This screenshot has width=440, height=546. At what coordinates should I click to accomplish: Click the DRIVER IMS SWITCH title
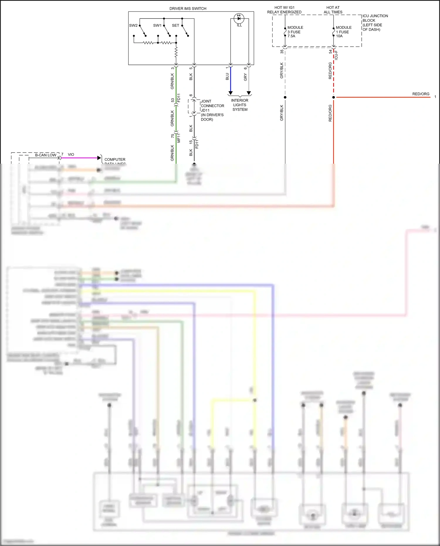coord(188,9)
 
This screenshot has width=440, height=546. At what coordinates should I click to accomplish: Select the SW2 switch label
coord(133,26)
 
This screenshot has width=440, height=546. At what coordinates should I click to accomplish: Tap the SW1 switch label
coord(157,26)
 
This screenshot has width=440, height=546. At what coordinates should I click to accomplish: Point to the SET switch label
coord(175,26)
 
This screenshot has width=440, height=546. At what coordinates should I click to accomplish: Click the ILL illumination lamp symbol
coord(239,18)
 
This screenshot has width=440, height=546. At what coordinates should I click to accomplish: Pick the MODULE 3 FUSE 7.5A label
coord(295,32)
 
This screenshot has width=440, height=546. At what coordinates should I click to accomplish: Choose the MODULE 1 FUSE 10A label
coord(343,32)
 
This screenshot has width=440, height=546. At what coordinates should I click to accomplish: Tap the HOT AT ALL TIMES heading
coord(333,10)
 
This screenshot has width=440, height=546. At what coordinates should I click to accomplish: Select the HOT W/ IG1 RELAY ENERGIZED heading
coord(284,10)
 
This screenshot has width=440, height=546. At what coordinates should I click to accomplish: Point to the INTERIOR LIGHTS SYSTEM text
coord(240,105)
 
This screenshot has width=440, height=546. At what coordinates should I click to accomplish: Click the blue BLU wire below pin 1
coord(231,81)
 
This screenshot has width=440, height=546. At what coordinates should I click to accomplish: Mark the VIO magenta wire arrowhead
coord(99,158)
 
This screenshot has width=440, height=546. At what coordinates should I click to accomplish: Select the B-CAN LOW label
coord(45,155)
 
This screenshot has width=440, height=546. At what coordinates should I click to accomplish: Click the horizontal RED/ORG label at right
coord(421,94)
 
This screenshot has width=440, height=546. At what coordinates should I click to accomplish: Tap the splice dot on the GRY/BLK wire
coord(285,97)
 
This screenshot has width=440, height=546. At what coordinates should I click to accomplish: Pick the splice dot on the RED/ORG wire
coord(334,97)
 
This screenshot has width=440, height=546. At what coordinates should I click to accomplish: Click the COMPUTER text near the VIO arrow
coord(115,159)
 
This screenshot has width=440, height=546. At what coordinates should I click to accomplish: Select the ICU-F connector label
coord(336,55)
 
